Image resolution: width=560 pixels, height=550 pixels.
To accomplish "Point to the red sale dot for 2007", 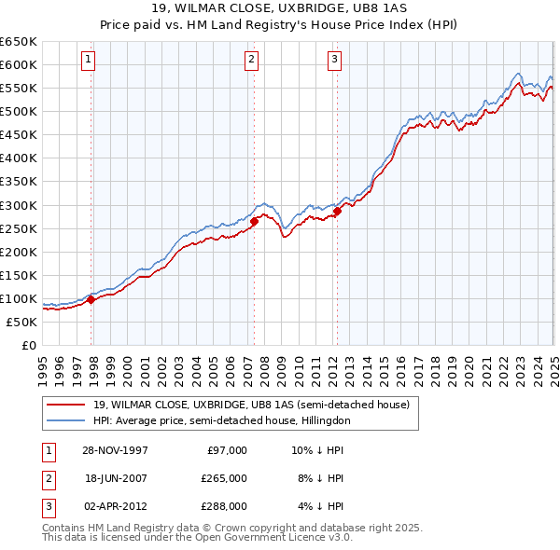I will [x=254, y=221].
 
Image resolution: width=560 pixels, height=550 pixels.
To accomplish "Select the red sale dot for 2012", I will [x=337, y=211].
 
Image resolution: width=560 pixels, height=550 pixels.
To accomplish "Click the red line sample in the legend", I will [x=65, y=405].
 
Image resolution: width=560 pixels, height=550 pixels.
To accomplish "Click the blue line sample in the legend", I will [x=65, y=420].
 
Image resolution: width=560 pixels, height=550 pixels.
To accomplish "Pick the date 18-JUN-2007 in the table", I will [x=115, y=478].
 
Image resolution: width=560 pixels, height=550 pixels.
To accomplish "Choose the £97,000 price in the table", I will [x=227, y=450].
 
